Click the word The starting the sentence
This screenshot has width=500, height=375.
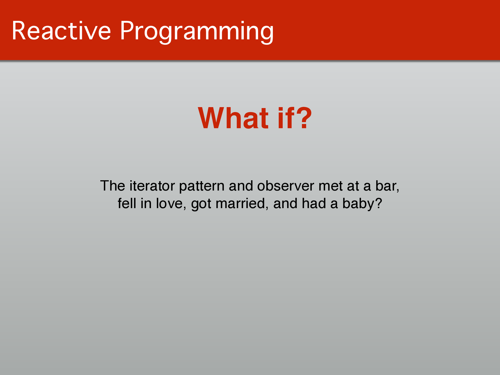coord(112,186)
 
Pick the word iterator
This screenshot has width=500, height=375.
coord(152,186)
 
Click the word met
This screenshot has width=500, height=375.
coord(331,186)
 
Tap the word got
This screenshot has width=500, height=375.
coord(201,204)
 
